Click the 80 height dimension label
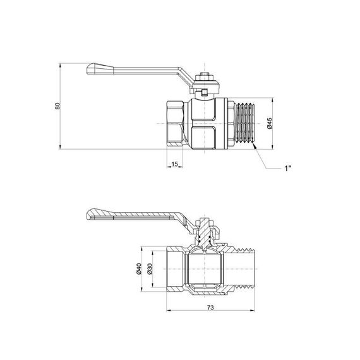coord(57,105)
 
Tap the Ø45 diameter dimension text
coord(270,123)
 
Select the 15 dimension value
coord(175,164)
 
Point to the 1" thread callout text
coord(287,168)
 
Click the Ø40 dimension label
coord(139,269)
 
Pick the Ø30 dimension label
coord(150,269)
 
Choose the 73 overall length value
coord(210,308)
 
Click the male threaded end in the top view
coord(245,123)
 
